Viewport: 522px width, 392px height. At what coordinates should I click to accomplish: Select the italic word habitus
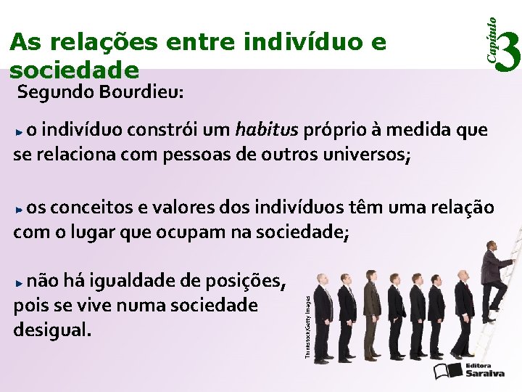267,130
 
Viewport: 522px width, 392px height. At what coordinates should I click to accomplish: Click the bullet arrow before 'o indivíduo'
20,132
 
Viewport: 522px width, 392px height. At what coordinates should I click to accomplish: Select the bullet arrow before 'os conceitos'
20,209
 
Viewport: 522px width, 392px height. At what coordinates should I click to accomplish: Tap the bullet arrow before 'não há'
20,282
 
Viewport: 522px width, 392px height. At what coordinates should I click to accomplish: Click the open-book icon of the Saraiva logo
448,371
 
